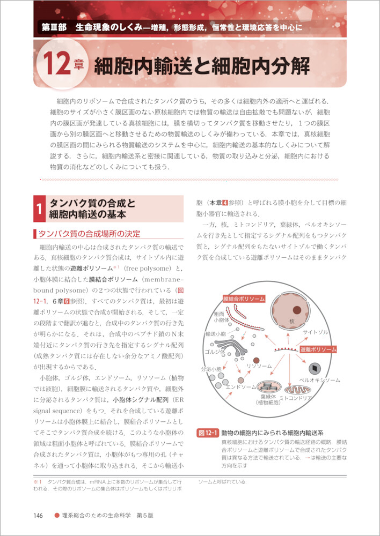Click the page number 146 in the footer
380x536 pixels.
pos(38,516)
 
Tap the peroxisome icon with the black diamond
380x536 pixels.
pos(313,368)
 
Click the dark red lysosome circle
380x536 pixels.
pos(257,360)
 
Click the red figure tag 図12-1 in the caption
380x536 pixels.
pos(207,433)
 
